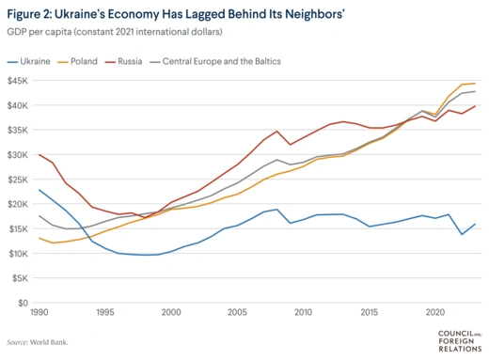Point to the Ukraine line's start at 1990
click(x=39, y=190)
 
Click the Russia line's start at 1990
click(x=39, y=154)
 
